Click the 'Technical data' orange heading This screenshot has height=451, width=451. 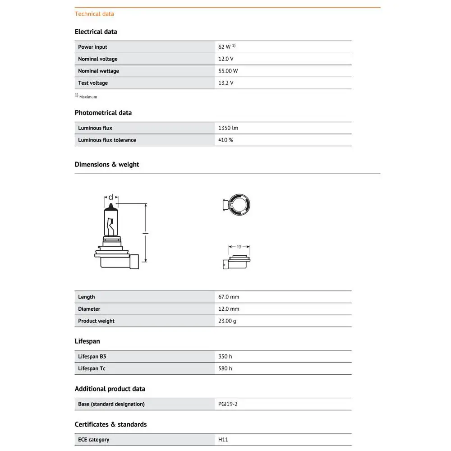[94, 14]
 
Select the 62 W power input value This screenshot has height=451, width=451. [225, 47]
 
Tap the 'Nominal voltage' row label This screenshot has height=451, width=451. [97, 59]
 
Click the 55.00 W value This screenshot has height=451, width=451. [228, 71]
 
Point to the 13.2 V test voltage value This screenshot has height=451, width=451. [226, 83]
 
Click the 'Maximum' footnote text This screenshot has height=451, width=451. [88, 97]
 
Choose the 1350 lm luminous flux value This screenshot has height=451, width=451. [228, 128]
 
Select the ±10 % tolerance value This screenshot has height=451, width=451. [225, 140]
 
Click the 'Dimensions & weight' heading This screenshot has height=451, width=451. [107, 165]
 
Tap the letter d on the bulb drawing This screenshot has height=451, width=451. [111, 198]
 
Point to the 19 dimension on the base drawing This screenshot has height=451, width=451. [239, 247]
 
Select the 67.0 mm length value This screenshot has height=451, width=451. [229, 297]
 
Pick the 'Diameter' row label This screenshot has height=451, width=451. [89, 309]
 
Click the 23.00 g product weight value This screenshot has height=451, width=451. [227, 321]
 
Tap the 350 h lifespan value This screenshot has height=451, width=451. [225, 356]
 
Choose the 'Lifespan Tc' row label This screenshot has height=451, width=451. [92, 368]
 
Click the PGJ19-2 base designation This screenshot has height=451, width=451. [228, 404]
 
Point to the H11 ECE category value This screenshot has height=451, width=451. [224, 440]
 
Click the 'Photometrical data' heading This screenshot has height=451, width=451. [103, 113]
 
